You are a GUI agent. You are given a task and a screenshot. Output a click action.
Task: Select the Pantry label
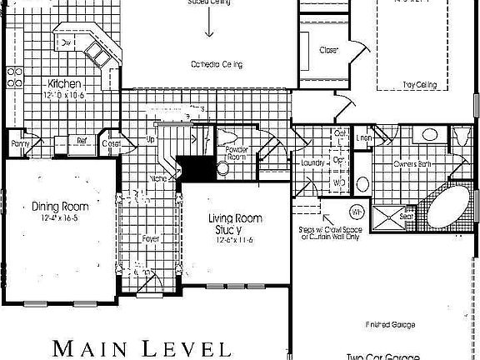point(20,143)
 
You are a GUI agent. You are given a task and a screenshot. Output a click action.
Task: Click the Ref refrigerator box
point(82,141)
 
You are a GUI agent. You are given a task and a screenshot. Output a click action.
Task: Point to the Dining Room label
point(60,206)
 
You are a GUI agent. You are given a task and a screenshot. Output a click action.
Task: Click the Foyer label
point(150,238)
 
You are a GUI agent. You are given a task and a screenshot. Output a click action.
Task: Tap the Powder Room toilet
point(222,169)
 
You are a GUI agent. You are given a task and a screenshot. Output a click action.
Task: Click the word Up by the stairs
point(151,140)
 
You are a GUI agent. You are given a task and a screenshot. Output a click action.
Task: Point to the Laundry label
point(312,163)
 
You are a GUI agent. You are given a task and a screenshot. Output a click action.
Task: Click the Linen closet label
point(364,137)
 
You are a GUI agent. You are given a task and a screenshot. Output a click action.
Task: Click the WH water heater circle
point(357,211)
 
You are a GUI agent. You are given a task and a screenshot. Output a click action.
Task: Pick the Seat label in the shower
point(407,217)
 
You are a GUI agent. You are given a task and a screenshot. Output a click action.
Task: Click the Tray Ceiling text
point(420,85)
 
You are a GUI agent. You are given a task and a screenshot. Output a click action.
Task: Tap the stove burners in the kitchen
point(14,78)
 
